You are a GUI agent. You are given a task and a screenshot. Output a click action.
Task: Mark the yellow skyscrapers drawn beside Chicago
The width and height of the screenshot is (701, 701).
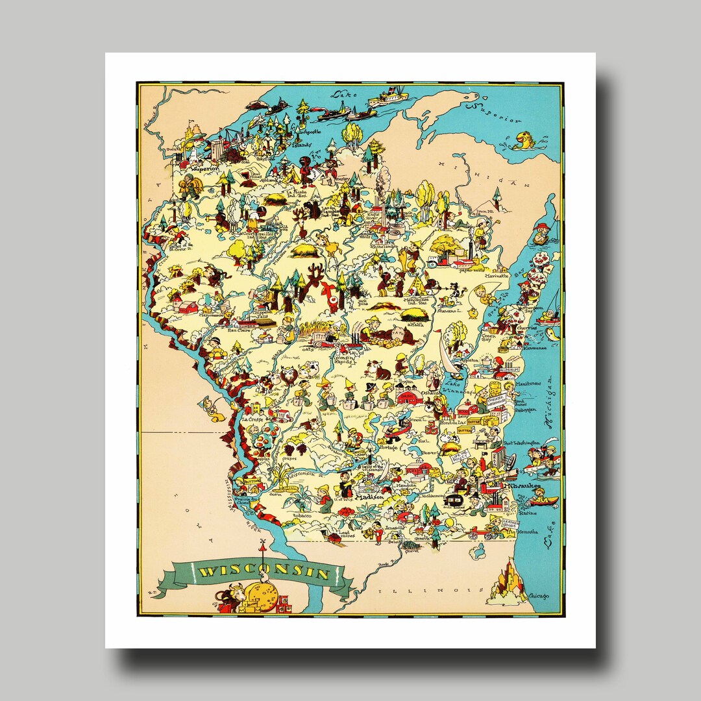click(x=508, y=582)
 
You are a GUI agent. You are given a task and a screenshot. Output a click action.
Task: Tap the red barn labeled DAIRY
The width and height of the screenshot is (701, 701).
click(x=409, y=396)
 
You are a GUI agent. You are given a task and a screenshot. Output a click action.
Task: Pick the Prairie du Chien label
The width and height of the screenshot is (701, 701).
click(x=243, y=500)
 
